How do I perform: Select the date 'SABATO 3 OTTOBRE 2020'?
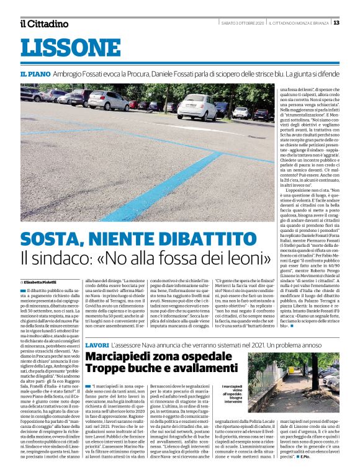243,23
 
